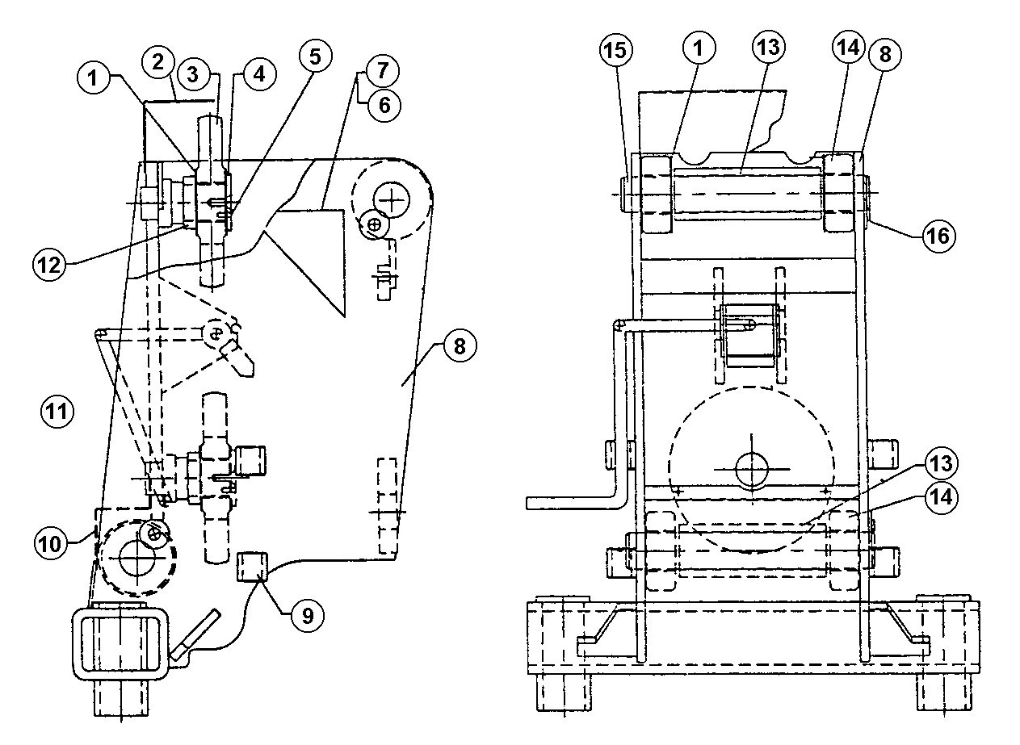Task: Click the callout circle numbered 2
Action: (158, 61)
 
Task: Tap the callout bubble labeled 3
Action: (193, 74)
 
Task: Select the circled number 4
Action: (259, 73)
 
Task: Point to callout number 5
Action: (316, 57)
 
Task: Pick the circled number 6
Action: (384, 106)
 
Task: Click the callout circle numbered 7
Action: (383, 70)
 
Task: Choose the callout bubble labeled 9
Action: (308, 616)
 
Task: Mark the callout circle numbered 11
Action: (57, 412)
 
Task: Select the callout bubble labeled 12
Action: (49, 265)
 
